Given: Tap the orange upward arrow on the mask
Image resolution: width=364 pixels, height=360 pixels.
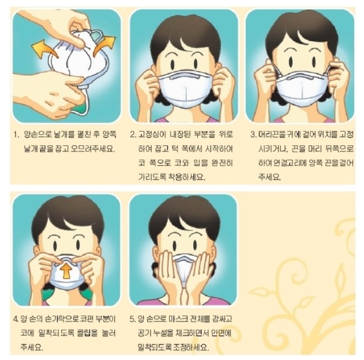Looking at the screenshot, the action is point(66,271).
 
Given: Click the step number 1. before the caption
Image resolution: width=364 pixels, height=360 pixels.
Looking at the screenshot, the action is point(16,134).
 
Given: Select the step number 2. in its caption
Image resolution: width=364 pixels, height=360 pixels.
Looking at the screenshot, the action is point(133,134).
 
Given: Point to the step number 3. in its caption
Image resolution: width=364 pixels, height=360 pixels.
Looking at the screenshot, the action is point(254,134).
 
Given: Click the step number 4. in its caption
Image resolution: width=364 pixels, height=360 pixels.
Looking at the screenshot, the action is point(16,319).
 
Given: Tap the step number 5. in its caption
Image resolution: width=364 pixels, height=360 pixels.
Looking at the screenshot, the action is point(133,319).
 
